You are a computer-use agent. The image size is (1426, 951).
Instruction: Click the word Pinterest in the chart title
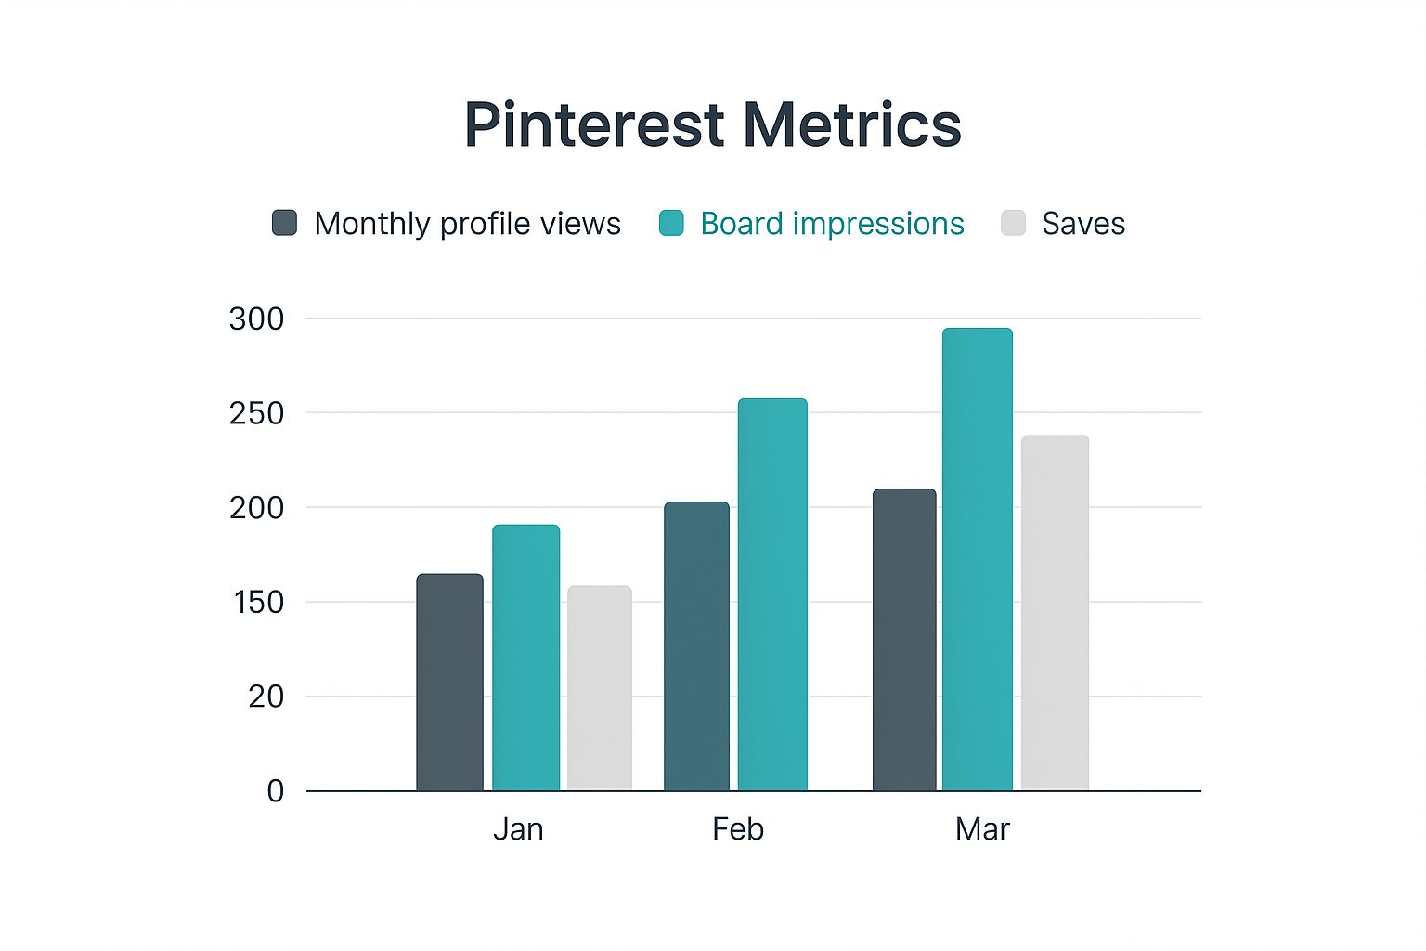point(594,124)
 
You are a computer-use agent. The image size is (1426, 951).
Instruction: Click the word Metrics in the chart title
point(851,124)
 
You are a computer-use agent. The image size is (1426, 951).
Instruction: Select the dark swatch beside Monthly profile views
point(284,223)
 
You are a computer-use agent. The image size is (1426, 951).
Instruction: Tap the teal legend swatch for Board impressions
point(671,223)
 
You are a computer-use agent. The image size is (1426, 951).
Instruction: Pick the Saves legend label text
point(1082,224)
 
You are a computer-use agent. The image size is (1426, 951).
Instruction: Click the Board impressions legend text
point(832,224)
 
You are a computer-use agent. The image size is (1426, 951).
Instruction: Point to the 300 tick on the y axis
point(256,319)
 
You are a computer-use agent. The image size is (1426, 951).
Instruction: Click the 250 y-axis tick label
point(256,413)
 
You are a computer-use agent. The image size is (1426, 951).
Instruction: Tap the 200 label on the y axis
point(256,508)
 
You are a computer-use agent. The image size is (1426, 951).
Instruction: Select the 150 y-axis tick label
point(258,602)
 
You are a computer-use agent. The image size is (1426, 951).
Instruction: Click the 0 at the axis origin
point(276,791)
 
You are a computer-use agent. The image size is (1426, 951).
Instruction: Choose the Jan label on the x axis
point(518,828)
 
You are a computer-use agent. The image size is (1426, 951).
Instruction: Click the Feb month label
point(738,828)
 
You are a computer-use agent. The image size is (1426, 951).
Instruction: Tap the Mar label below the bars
point(982,828)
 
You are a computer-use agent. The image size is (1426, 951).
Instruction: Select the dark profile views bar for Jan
point(449,683)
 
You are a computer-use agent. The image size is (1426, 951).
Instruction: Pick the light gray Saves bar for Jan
point(600,688)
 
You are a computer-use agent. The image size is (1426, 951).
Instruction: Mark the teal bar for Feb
point(772,594)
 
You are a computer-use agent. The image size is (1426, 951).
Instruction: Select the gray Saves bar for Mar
point(1055,613)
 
